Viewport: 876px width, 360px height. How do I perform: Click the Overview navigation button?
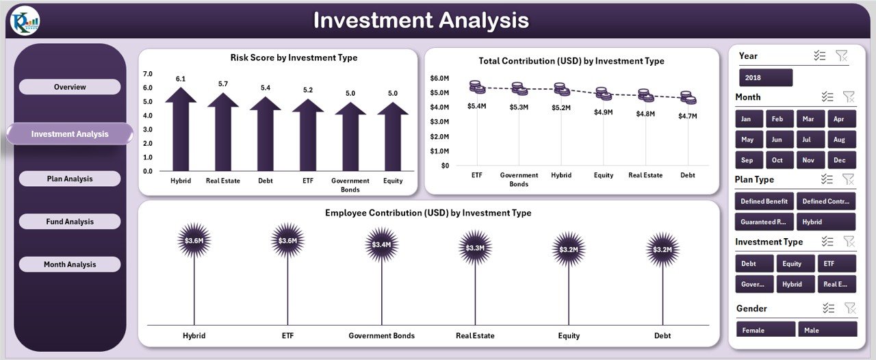(70, 87)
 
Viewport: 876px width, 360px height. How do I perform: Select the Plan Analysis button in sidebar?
(70, 179)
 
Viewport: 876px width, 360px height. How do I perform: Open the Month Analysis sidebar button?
(70, 264)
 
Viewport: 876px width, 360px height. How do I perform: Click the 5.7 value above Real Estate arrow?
(223, 83)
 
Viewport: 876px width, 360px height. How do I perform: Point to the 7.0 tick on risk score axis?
(148, 73)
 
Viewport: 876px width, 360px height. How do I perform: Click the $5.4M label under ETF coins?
(476, 106)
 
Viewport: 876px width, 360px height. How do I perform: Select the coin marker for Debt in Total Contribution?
(688, 98)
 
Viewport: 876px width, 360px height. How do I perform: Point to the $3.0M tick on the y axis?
(439, 122)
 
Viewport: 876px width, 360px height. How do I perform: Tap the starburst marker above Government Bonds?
(381, 244)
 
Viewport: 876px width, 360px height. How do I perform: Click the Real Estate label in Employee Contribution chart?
(475, 335)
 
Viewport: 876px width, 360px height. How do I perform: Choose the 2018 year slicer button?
(765, 77)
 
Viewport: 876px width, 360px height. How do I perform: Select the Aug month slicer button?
(840, 140)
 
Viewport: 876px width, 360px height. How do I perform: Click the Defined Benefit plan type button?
(764, 201)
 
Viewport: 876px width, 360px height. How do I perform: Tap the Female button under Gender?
(765, 330)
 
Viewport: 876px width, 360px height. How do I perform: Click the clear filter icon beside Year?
(842, 56)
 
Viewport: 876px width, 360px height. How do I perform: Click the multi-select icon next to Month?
(827, 97)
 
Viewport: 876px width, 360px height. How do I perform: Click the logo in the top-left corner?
(25, 21)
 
